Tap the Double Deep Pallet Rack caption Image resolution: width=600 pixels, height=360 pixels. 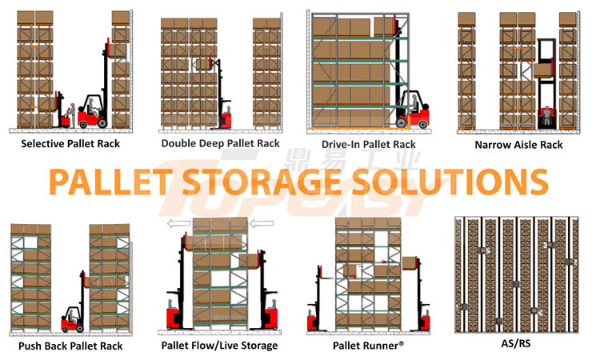click(220, 144)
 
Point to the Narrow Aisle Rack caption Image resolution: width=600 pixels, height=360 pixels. click(518, 145)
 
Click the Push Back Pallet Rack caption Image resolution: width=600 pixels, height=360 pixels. click(71, 346)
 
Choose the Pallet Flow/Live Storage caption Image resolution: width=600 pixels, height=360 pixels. click(220, 346)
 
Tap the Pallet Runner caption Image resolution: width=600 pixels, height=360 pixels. click(369, 346)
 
